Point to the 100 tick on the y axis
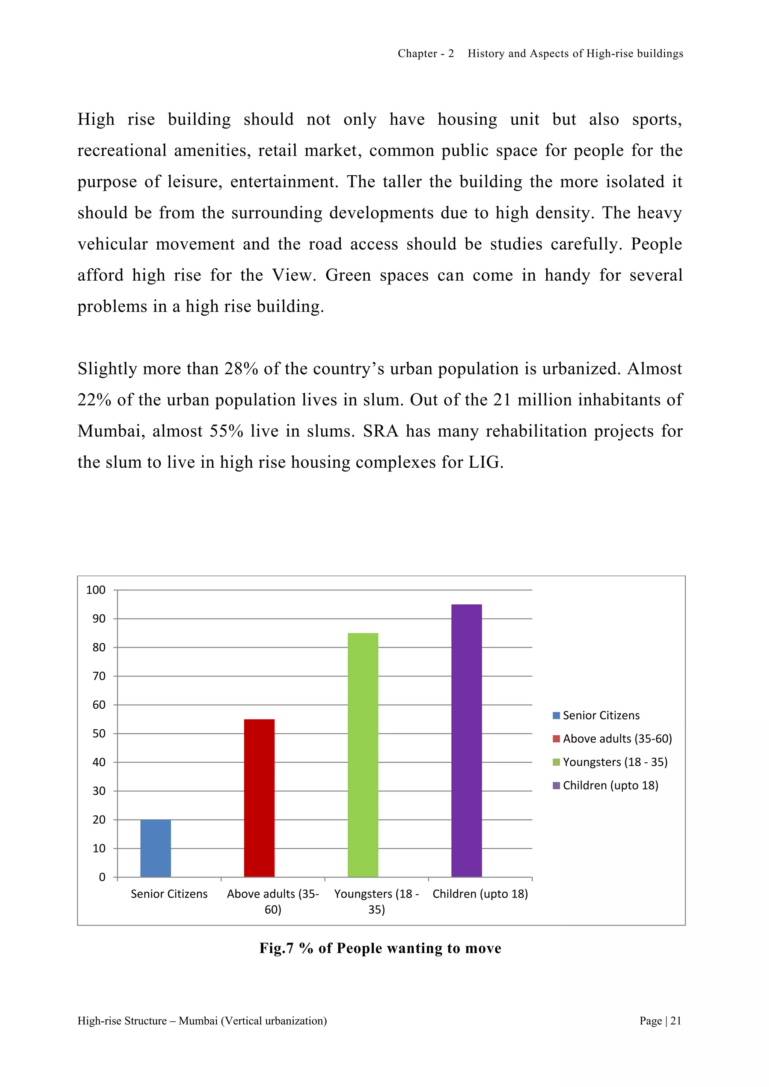tap(96, 590)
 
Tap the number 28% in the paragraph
tap(241, 369)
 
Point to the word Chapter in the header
tap(417, 54)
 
